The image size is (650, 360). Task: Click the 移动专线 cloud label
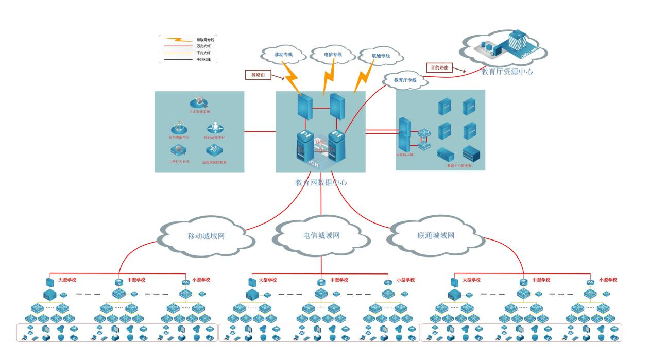coord(283,54)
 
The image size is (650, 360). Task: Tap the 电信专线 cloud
coord(333,54)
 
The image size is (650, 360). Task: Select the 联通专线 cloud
coord(381,56)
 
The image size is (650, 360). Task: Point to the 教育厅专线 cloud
coord(405,80)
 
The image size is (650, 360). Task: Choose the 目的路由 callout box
coord(439,67)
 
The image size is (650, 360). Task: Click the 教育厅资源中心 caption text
coord(507,72)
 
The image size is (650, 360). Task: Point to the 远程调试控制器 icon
coord(214,150)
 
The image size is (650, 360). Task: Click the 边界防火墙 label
coord(405,154)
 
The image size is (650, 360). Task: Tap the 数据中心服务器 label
coord(459,166)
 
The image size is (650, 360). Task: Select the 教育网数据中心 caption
coord(321,182)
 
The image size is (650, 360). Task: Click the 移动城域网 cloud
coord(206,236)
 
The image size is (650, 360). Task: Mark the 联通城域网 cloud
coord(436,236)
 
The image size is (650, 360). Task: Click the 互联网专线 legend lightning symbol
coord(177,39)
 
